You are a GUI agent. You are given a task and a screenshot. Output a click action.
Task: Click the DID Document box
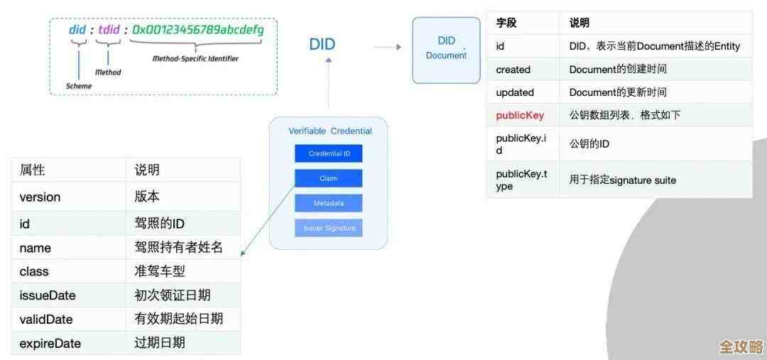[x=446, y=50]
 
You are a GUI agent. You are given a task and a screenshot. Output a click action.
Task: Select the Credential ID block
[x=328, y=153]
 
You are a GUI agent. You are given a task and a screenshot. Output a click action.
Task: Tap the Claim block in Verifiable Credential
[x=328, y=178]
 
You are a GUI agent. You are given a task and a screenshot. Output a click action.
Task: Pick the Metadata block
[x=328, y=203]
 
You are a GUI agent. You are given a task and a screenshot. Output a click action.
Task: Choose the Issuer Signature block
[x=328, y=228]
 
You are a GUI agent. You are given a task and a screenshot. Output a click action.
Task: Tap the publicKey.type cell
[x=521, y=180]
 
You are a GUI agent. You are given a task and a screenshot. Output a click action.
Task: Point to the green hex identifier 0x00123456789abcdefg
[x=198, y=30]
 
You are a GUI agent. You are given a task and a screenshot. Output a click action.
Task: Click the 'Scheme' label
[x=79, y=86]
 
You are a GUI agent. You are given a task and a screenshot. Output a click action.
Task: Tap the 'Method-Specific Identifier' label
[x=195, y=59]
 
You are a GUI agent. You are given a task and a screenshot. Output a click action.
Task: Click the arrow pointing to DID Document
[x=387, y=48]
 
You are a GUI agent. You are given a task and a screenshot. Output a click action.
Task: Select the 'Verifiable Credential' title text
[x=330, y=131]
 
